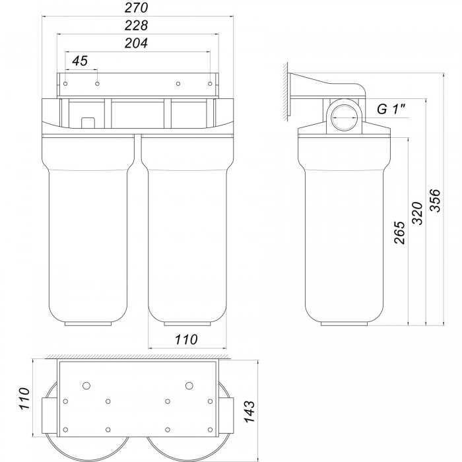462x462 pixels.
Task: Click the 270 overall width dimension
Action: [136, 8]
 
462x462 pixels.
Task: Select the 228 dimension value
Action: [136, 26]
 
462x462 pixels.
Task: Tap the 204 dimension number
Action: [136, 44]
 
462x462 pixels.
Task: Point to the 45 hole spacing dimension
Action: [80, 61]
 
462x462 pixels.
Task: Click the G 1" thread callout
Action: [391, 110]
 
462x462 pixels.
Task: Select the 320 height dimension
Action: [417, 213]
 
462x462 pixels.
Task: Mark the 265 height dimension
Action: [399, 232]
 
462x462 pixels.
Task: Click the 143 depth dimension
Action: [249, 411]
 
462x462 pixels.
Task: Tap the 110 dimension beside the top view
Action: [24, 399]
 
